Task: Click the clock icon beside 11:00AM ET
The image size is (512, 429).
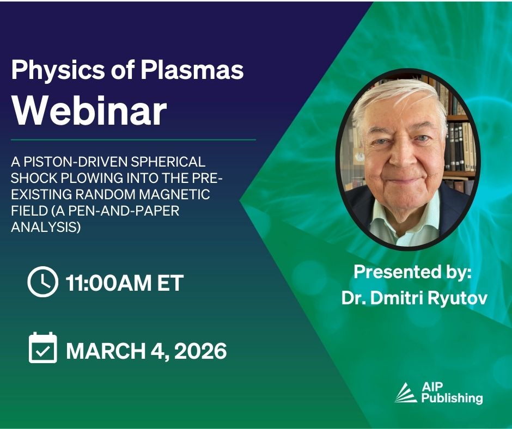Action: [x=43, y=281]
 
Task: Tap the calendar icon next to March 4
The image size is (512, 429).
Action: [x=43, y=348]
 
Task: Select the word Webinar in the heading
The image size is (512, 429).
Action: [x=89, y=111]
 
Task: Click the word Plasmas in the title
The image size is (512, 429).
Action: [x=192, y=70]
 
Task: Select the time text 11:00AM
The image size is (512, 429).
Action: [x=108, y=283]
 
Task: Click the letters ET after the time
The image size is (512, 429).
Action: [x=170, y=283]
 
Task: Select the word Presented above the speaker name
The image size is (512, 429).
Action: [x=387, y=272]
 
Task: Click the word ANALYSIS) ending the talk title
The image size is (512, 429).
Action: [x=46, y=227]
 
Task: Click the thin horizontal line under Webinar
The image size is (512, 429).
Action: [x=133, y=140]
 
